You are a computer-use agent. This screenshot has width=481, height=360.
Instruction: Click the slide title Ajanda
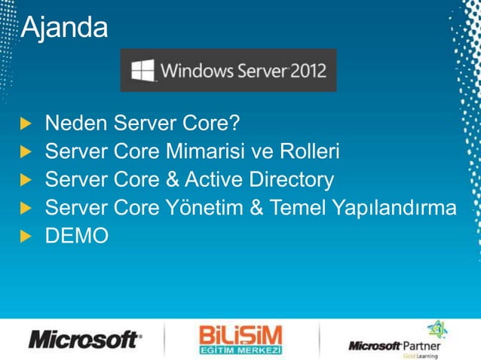pyautogui.click(x=64, y=27)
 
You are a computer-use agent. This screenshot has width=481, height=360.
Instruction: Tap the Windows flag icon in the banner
pyautogui.click(x=142, y=71)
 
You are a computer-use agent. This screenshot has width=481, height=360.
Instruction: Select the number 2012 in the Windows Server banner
pyautogui.click(x=309, y=71)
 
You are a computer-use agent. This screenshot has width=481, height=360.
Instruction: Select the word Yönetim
pyautogui.click(x=201, y=209)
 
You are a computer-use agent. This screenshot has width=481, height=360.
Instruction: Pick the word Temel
pyautogui.click(x=296, y=209)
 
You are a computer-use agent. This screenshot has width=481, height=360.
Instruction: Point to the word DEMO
pyautogui.click(x=77, y=236)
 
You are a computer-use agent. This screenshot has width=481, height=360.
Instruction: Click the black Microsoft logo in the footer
pyautogui.click(x=84, y=340)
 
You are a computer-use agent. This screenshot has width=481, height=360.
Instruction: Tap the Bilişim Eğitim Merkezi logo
pyautogui.click(x=240, y=340)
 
